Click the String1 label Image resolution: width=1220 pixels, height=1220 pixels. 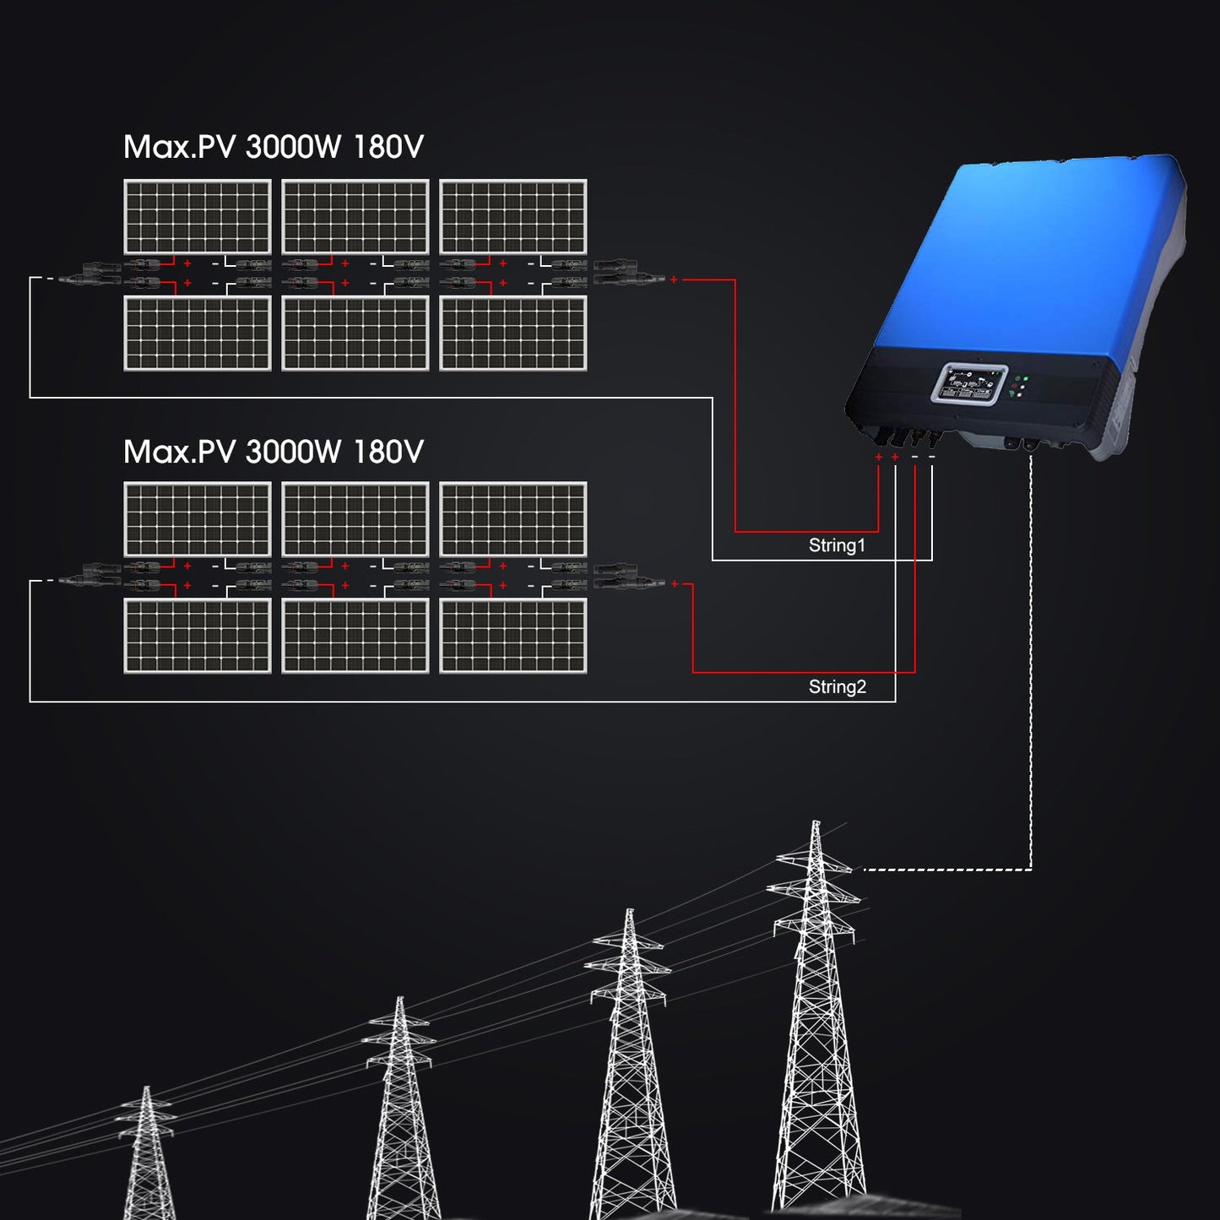(837, 545)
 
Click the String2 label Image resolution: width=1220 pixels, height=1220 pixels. (837, 687)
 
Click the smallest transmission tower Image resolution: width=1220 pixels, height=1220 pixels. (148, 1157)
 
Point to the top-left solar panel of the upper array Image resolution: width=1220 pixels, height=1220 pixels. (198, 217)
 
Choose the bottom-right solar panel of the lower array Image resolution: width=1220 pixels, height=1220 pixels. (513, 636)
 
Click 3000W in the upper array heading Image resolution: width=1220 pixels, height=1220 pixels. (293, 148)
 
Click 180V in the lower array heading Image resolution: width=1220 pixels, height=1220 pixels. (388, 453)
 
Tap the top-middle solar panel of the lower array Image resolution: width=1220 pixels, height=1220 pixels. (355, 519)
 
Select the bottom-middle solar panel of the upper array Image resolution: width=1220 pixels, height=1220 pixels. (355, 333)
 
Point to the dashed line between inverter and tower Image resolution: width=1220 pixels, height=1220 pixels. (1031, 675)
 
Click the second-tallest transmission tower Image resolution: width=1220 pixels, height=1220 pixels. (631, 1064)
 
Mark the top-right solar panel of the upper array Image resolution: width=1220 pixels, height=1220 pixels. (513, 217)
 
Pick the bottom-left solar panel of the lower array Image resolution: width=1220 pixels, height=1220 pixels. (198, 636)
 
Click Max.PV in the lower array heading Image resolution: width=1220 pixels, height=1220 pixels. (179, 453)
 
